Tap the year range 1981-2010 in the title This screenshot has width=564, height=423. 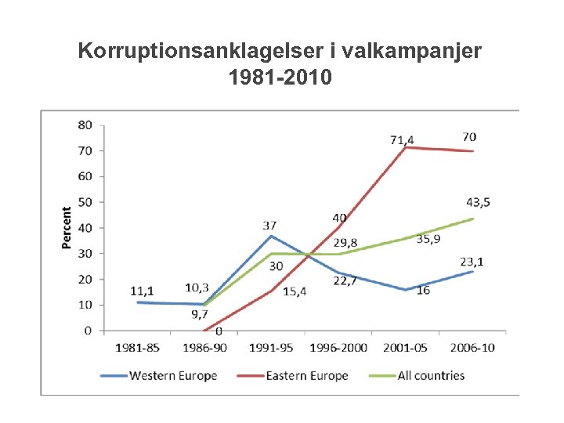click(280, 78)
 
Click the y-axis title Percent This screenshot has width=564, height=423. click(67, 228)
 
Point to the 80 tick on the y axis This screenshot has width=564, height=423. click(85, 125)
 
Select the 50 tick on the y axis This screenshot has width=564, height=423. click(85, 202)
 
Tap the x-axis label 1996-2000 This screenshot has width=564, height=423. click(338, 347)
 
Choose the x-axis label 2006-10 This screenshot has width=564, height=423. click(472, 347)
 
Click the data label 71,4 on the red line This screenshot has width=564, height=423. click(402, 140)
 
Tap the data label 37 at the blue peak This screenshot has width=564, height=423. click(270, 226)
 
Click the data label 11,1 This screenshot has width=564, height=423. click(143, 291)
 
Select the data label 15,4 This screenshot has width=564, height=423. click(294, 291)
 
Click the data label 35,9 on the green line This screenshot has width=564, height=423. click(428, 239)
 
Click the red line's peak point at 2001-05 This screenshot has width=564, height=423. click(405, 147)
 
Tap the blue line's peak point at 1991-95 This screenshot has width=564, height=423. click(270, 236)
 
